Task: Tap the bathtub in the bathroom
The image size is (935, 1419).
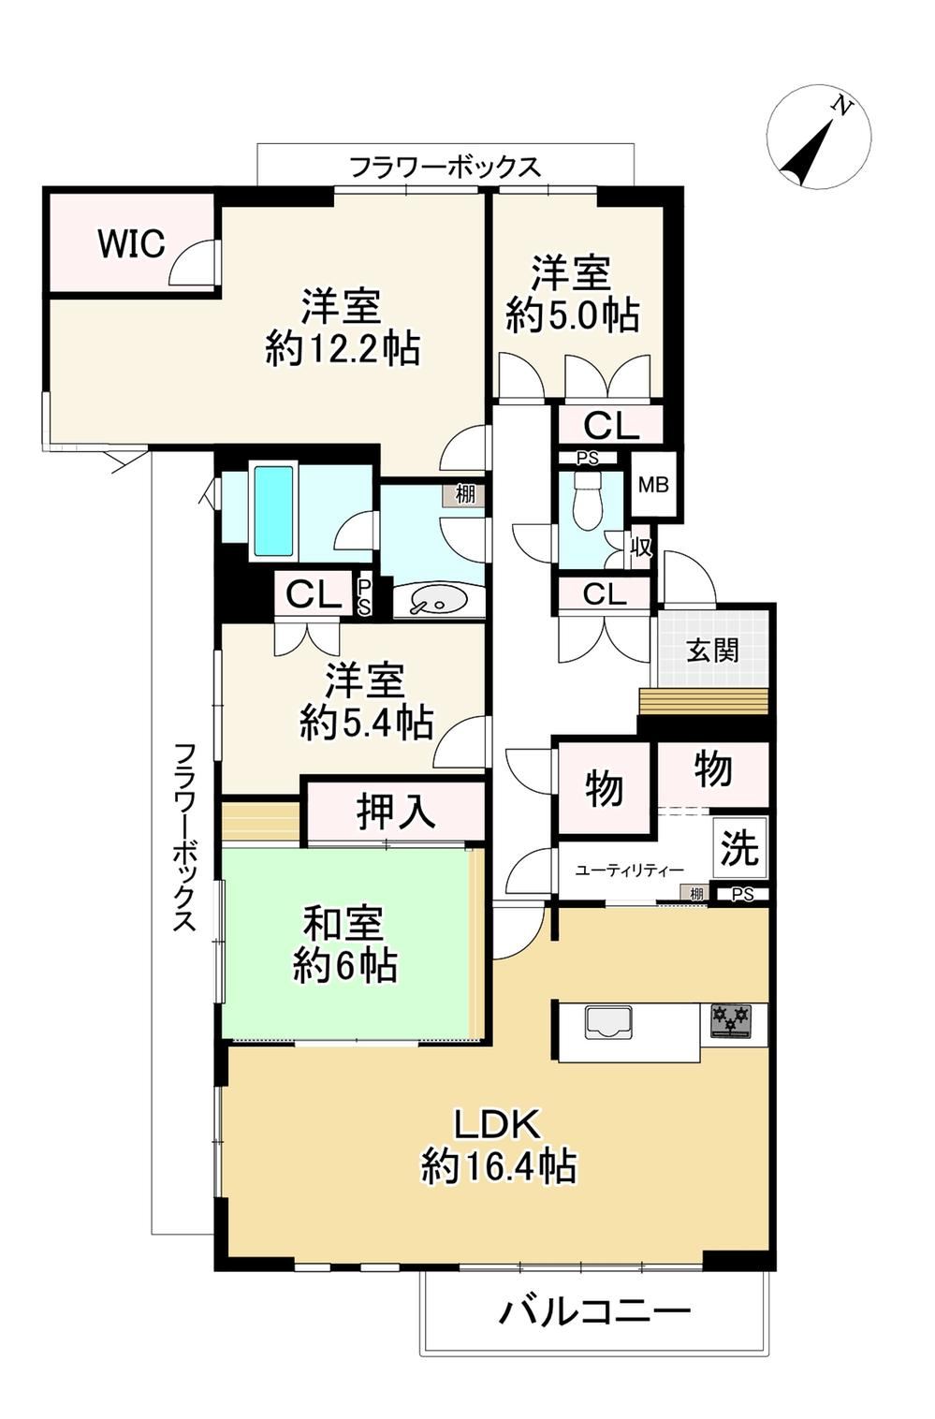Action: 274,511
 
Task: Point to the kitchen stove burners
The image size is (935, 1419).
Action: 730,1020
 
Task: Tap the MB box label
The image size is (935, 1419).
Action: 653,485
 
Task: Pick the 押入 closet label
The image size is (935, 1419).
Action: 396,812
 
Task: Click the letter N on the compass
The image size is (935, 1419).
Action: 841,107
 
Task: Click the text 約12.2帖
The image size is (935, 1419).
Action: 342,348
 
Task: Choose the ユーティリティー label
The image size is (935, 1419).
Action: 630,870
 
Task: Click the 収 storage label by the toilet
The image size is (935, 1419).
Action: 641,546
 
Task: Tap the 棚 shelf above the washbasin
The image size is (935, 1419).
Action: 465,494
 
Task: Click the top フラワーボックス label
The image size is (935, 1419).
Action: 446,168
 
